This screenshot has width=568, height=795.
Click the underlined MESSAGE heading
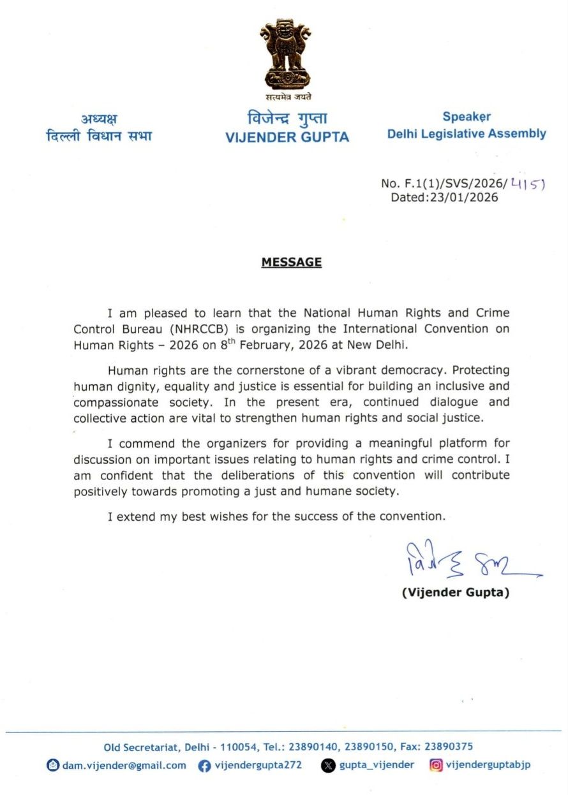tap(291, 262)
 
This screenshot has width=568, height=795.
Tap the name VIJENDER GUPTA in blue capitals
tap(287, 137)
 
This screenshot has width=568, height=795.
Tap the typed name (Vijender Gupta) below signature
tap(456, 593)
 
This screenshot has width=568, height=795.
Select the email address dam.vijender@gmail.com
tap(124, 765)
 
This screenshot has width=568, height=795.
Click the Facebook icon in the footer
tap(204, 766)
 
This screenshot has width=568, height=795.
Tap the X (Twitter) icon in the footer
tap(328, 766)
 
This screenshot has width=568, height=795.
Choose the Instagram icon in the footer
tap(436, 765)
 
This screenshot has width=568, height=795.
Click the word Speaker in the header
tap(467, 117)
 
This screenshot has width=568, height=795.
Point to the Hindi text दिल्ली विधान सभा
tap(99, 136)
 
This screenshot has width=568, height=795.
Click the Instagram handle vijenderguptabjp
tap(488, 765)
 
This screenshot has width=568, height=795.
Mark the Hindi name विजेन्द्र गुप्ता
tap(287, 119)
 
